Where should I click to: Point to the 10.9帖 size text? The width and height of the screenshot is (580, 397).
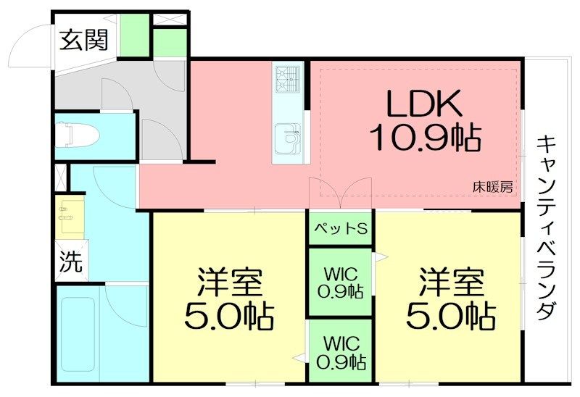426,137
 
